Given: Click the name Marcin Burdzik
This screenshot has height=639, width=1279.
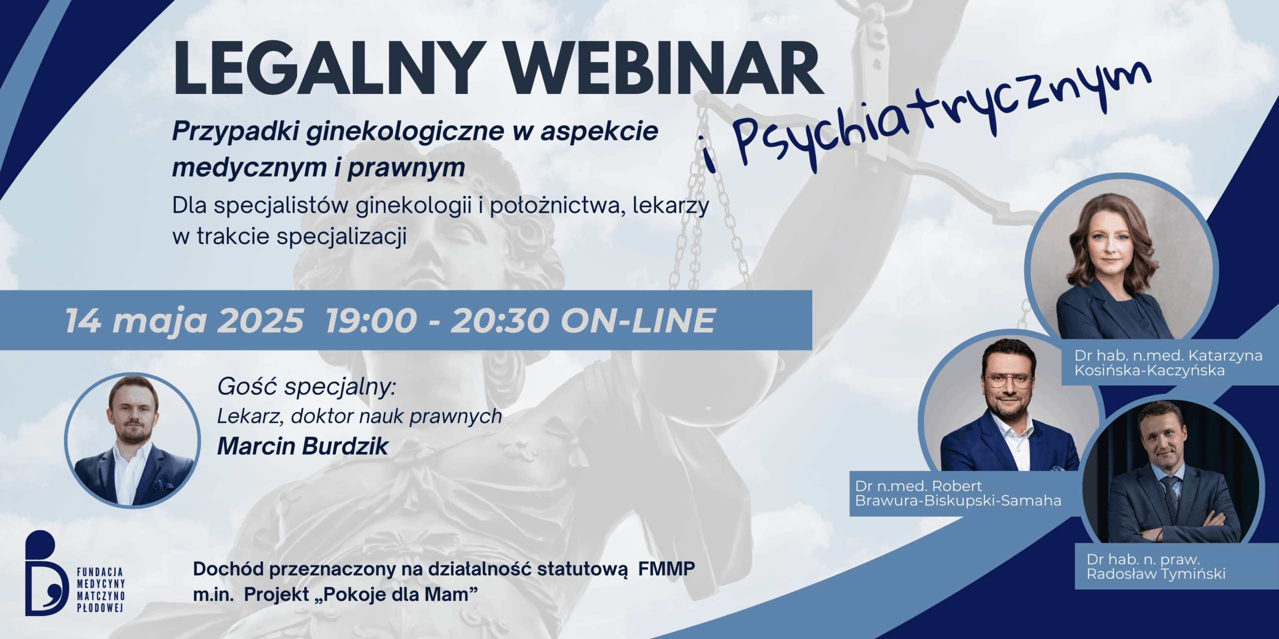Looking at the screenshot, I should pyautogui.click(x=302, y=446).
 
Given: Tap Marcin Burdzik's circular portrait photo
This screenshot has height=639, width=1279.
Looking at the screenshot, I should pyautogui.click(x=132, y=440).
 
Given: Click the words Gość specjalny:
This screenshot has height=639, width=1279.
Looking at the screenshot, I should pyautogui.click(x=306, y=386).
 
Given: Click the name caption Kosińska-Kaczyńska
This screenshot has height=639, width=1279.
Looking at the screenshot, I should pyautogui.click(x=1149, y=370).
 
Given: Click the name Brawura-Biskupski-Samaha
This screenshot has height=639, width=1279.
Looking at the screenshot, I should pyautogui.click(x=958, y=501).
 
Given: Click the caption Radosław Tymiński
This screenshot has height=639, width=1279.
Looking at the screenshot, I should pyautogui.click(x=1156, y=574).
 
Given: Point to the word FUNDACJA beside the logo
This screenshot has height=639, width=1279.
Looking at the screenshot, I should pyautogui.click(x=100, y=572).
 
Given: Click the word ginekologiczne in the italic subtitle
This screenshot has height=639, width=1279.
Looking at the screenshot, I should pyautogui.click(x=405, y=131).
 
